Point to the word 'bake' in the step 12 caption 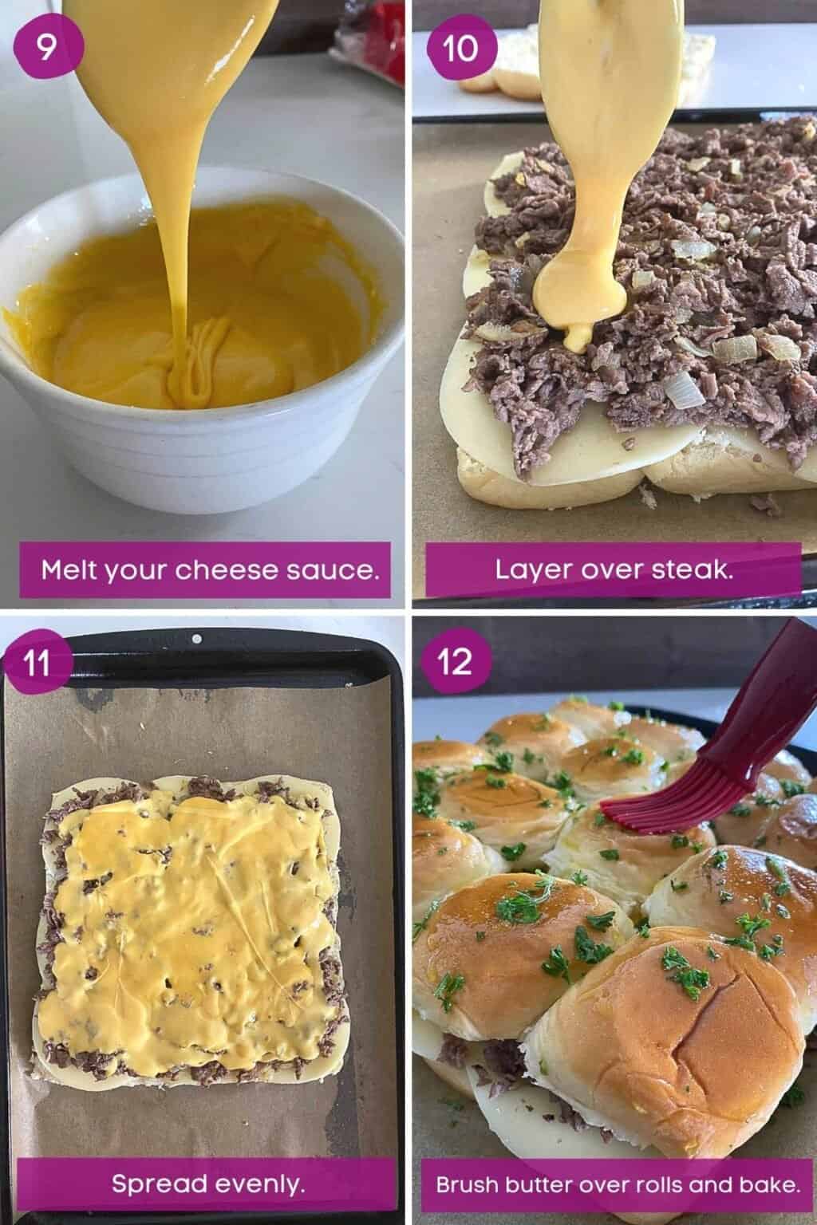pos(771,1184)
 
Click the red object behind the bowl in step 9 pos(376,24)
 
